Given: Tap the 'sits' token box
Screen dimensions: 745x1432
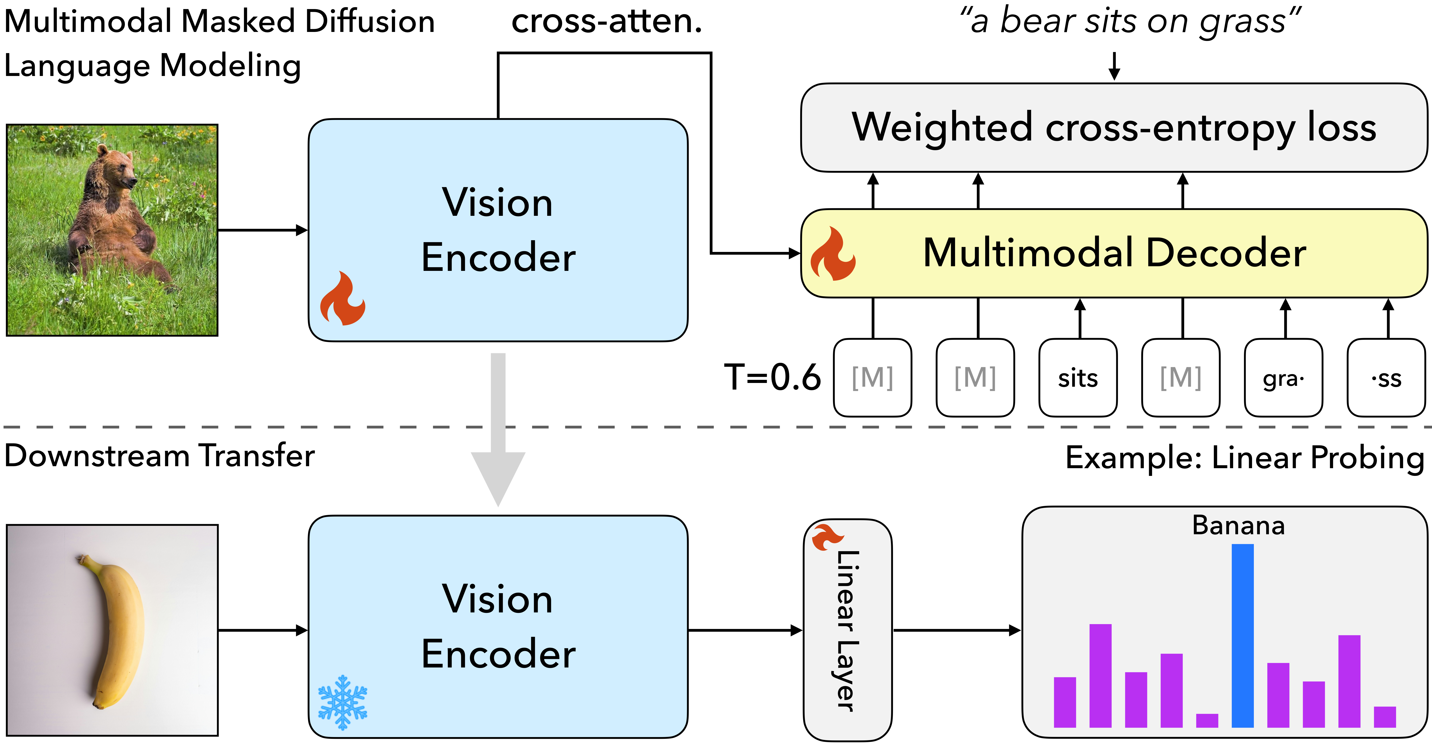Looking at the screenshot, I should click(1077, 378).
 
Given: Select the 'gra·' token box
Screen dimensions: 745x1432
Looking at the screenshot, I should click(1283, 378).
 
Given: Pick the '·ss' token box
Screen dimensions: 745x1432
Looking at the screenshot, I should click(1386, 378).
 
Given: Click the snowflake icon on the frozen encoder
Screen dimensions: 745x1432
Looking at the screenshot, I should click(342, 702).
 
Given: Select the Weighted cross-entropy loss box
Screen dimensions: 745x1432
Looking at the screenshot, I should click(1113, 128).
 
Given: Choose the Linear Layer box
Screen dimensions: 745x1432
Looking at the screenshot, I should click(848, 631).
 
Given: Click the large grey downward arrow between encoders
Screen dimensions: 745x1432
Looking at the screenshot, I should click(498, 434).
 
